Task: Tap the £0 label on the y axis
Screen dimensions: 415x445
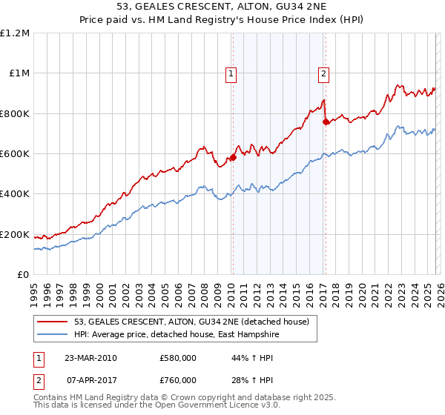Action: tap(23, 275)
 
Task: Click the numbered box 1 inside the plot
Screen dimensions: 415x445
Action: tap(231, 73)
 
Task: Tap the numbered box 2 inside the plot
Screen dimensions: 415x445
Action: tap(324, 73)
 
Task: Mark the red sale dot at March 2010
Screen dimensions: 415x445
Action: tap(233, 157)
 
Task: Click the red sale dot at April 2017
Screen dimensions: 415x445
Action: tap(326, 122)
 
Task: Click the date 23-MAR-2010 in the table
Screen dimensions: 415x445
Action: tap(90, 358)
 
